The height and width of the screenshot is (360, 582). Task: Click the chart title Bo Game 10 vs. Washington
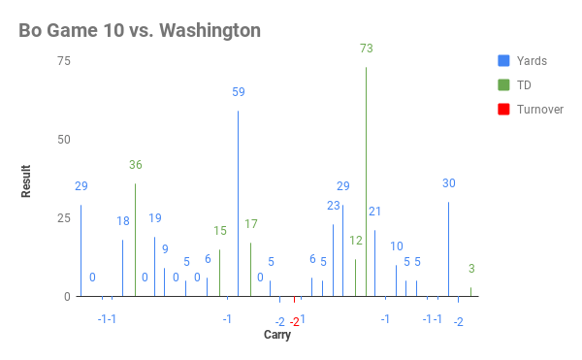coord(140,30)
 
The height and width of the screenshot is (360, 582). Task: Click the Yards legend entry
coord(532,60)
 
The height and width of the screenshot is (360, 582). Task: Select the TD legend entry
coord(524,84)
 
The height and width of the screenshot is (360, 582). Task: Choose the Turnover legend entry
coord(540,109)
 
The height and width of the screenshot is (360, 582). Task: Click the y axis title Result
coord(27,180)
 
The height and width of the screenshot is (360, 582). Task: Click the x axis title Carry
coord(276,336)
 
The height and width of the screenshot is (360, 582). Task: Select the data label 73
coord(367,49)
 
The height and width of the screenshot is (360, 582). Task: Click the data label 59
coord(239,92)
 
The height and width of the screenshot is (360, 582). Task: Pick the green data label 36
coord(136,165)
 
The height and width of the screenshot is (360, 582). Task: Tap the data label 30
coord(449,183)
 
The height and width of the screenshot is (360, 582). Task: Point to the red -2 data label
coord(295,321)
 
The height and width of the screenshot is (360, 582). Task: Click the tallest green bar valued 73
coord(366,181)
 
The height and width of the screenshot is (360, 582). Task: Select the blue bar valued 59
coord(238,204)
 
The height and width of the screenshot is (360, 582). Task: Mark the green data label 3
coord(471,269)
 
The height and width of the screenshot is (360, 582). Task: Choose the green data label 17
coord(251,224)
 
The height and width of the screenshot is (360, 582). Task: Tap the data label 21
coord(374,212)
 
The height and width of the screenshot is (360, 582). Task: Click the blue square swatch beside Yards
coord(502,60)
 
